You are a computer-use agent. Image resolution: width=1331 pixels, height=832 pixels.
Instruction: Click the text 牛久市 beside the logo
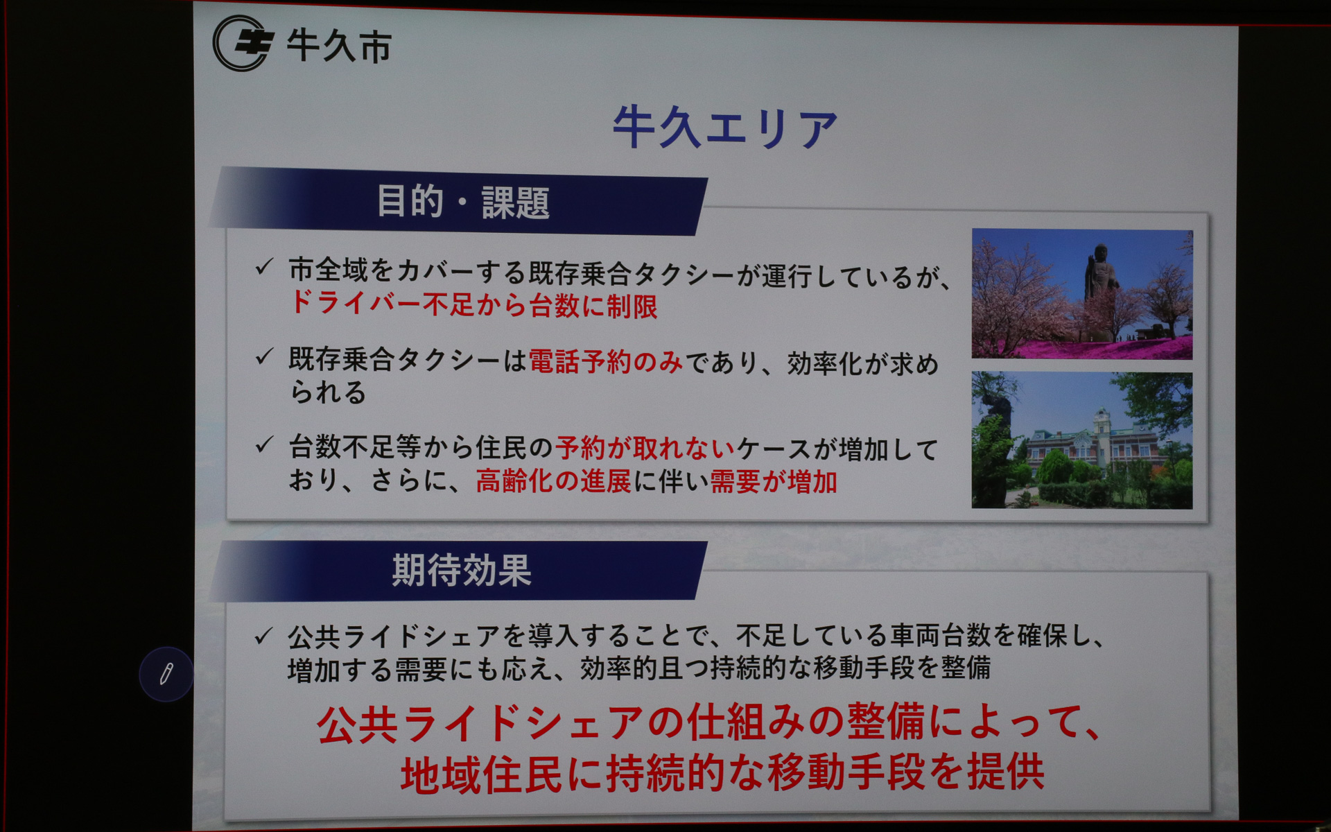pyautogui.click(x=339, y=47)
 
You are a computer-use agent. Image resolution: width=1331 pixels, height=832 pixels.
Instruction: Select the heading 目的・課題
pyautogui.click(x=462, y=202)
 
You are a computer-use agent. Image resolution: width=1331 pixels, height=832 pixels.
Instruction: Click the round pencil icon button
pyautogui.click(x=166, y=674)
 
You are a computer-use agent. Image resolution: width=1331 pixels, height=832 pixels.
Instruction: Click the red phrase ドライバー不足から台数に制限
pyautogui.click(x=473, y=305)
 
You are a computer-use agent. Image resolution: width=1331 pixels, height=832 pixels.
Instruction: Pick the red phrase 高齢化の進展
pyautogui.click(x=553, y=481)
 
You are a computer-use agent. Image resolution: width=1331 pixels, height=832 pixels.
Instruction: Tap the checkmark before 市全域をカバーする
pyautogui.click(x=263, y=268)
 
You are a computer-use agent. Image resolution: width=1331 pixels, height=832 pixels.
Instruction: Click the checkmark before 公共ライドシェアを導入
pyautogui.click(x=263, y=636)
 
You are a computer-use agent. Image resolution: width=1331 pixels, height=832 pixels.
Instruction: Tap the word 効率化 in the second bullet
pyautogui.click(x=824, y=364)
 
